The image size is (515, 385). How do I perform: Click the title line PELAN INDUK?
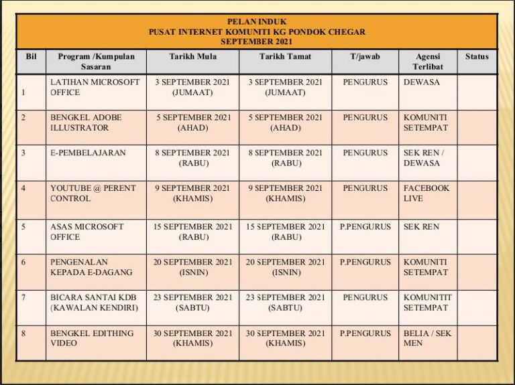257,21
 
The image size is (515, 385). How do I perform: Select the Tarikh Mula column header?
192,57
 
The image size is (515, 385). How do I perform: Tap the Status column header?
477,57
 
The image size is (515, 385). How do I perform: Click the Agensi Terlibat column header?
428,62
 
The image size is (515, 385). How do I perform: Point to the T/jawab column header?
365,57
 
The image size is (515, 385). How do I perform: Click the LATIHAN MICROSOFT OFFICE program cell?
95,87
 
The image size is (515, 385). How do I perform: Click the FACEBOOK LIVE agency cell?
426,194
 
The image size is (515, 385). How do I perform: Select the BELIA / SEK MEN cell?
427,338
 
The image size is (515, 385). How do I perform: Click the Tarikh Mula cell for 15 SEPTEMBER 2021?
192,232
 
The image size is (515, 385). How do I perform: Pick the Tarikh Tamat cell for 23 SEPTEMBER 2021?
285,303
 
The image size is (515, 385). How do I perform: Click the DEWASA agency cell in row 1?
422,82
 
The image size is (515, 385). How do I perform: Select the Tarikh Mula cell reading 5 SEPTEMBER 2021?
192,123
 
